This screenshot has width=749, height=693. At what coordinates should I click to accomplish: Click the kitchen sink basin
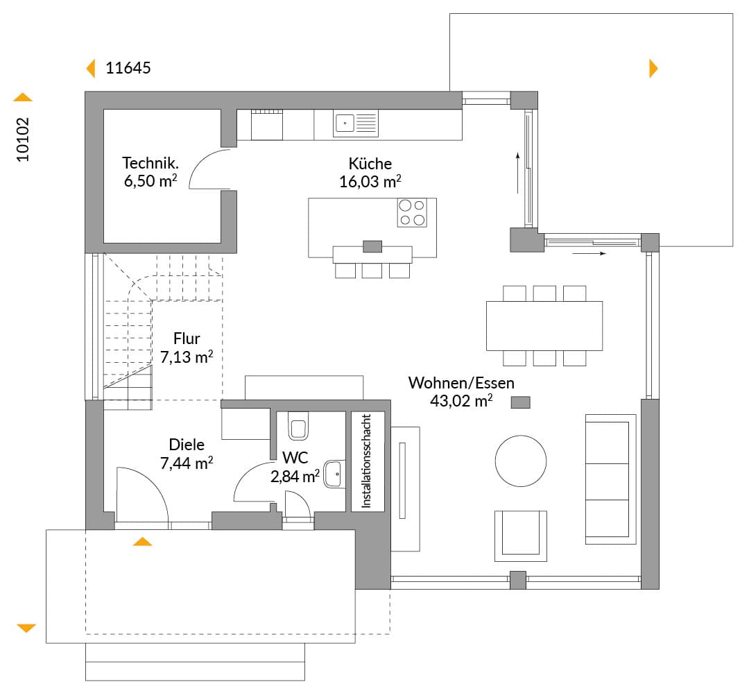coord(345,123)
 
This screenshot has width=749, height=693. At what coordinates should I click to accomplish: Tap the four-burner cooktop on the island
coord(412,213)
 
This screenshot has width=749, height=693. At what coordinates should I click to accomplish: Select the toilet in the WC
coord(298,426)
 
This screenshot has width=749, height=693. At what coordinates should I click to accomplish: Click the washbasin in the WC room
coord(334,474)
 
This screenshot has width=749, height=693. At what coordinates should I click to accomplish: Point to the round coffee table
coord(521,461)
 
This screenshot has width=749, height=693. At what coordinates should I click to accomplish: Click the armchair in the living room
coord(521,536)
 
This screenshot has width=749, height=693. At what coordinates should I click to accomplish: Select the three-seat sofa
coord(610,479)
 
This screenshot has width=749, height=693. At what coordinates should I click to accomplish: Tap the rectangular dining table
coord(544,326)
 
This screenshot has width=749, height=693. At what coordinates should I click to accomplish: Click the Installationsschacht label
coord(366,461)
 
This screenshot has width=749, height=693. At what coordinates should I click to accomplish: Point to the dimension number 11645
coord(128,68)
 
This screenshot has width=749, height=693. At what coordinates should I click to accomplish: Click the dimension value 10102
coord(23,139)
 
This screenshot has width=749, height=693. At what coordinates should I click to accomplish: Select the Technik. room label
coord(150,163)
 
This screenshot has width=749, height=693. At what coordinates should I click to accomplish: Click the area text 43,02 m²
coord(461,400)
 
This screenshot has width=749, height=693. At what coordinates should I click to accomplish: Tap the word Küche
coord(370,164)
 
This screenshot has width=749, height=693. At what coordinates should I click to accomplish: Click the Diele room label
coord(187,445)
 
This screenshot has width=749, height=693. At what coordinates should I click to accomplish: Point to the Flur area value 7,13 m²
coord(187,357)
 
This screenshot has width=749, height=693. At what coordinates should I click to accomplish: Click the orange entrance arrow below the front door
coord(142,542)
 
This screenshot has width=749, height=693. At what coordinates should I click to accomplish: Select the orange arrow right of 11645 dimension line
coord(653,69)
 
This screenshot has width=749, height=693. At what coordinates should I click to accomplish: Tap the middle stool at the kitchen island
coord(372,271)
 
